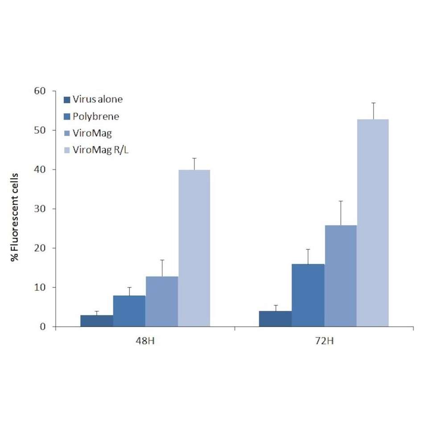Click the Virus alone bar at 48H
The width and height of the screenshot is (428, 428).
coord(97,321)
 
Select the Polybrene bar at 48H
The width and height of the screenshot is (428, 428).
coord(129,311)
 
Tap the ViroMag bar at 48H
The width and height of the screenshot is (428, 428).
coord(162,302)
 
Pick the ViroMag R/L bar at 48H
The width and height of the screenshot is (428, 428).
coord(194,248)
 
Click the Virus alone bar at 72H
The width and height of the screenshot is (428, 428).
coord(276,319)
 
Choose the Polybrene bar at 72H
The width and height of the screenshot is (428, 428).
coord(308,296)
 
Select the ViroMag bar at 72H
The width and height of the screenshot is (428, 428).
coord(341,276)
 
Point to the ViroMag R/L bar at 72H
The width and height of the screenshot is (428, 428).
coord(373,223)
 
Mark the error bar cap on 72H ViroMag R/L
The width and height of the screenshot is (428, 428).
coord(373,103)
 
